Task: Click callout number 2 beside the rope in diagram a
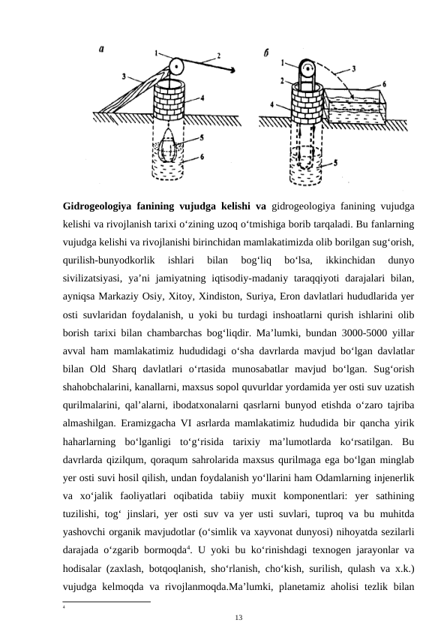point(218,55)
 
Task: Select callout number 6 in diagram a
point(202,156)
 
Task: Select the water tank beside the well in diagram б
point(353,108)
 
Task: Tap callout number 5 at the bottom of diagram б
point(336,162)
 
